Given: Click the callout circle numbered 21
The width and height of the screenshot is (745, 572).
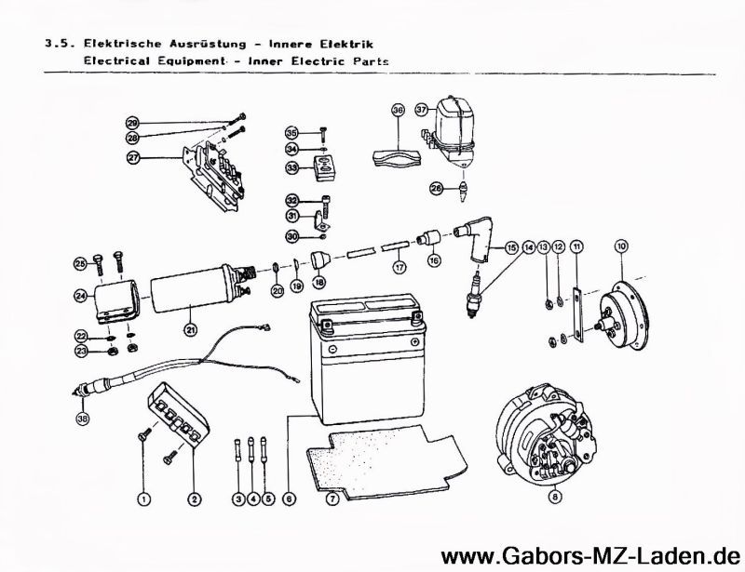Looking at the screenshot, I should coord(190,327).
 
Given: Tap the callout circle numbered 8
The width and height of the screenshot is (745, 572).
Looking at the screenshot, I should coord(554,498).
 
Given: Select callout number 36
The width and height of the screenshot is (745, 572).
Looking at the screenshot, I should coord(398,110).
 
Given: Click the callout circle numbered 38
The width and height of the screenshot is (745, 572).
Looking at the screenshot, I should coord(84,419).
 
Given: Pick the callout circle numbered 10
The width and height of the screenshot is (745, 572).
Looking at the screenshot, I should coord(621,246).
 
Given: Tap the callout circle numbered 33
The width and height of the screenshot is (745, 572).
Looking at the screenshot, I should coord(291,167).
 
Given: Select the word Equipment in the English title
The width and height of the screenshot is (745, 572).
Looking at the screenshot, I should coord(190,59).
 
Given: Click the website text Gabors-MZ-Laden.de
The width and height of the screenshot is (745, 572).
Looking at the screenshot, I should coord(592,555).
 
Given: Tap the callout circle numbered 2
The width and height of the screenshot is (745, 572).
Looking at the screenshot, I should coord(194,499).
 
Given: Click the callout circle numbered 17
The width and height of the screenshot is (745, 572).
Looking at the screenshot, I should coord(400,267).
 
